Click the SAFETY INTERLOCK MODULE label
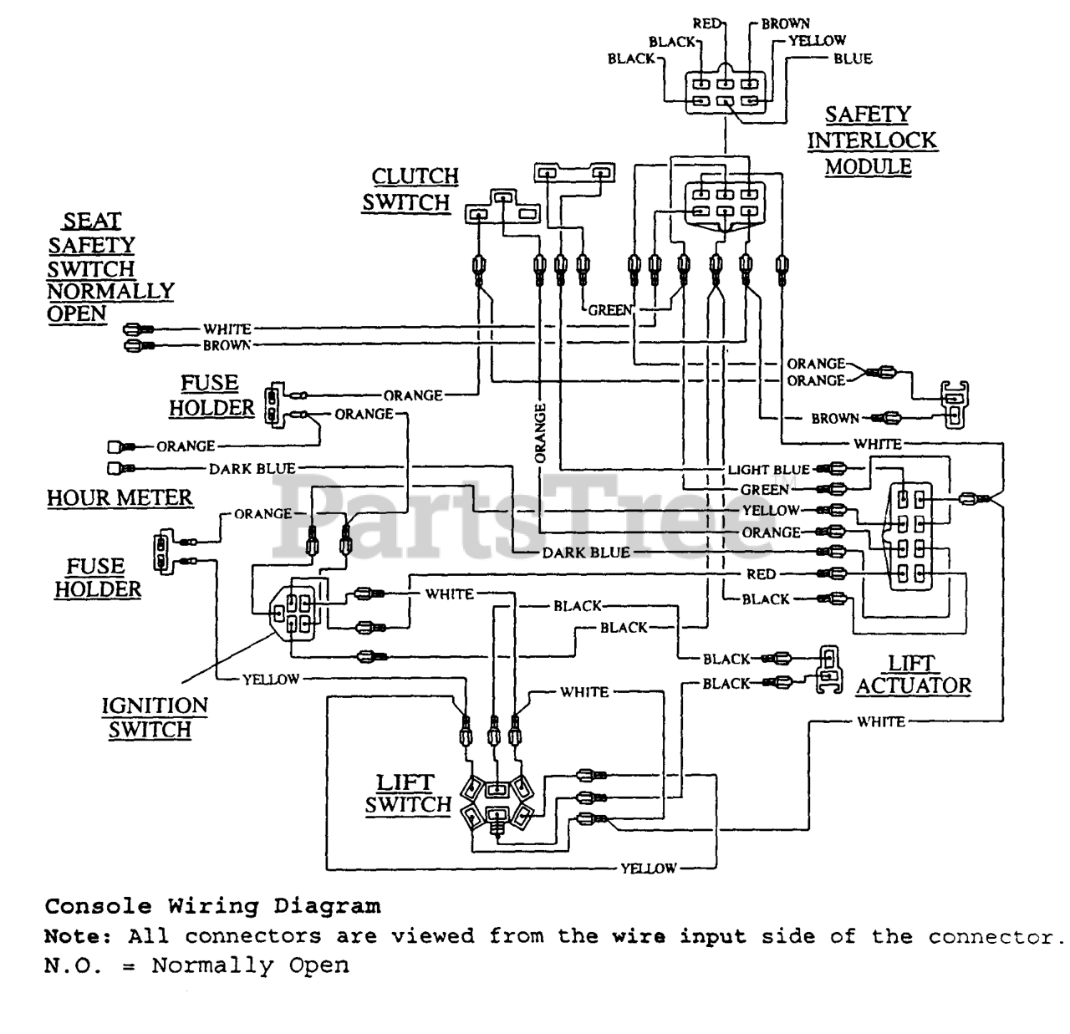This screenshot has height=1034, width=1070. click(x=872, y=140)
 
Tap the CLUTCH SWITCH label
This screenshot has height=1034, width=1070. click(x=410, y=190)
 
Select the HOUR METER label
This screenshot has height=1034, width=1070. click(x=120, y=498)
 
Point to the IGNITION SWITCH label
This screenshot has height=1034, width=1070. click(x=155, y=717)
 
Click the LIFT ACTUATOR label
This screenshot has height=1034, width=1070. click(x=914, y=675)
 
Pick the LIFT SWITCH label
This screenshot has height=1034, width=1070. click(x=408, y=794)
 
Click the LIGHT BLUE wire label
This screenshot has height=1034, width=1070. click(x=768, y=470)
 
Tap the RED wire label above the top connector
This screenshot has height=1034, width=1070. click(x=706, y=23)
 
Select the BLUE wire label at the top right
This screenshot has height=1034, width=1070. click(x=853, y=59)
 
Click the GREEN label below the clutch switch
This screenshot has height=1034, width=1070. click(x=609, y=311)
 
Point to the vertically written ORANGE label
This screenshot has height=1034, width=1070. click(x=540, y=433)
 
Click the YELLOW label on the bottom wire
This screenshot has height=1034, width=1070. click(x=648, y=868)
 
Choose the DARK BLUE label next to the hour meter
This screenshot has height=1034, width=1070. click(x=252, y=469)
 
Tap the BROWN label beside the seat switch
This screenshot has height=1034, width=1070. click(x=227, y=346)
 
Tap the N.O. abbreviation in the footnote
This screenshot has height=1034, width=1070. click(x=73, y=965)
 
